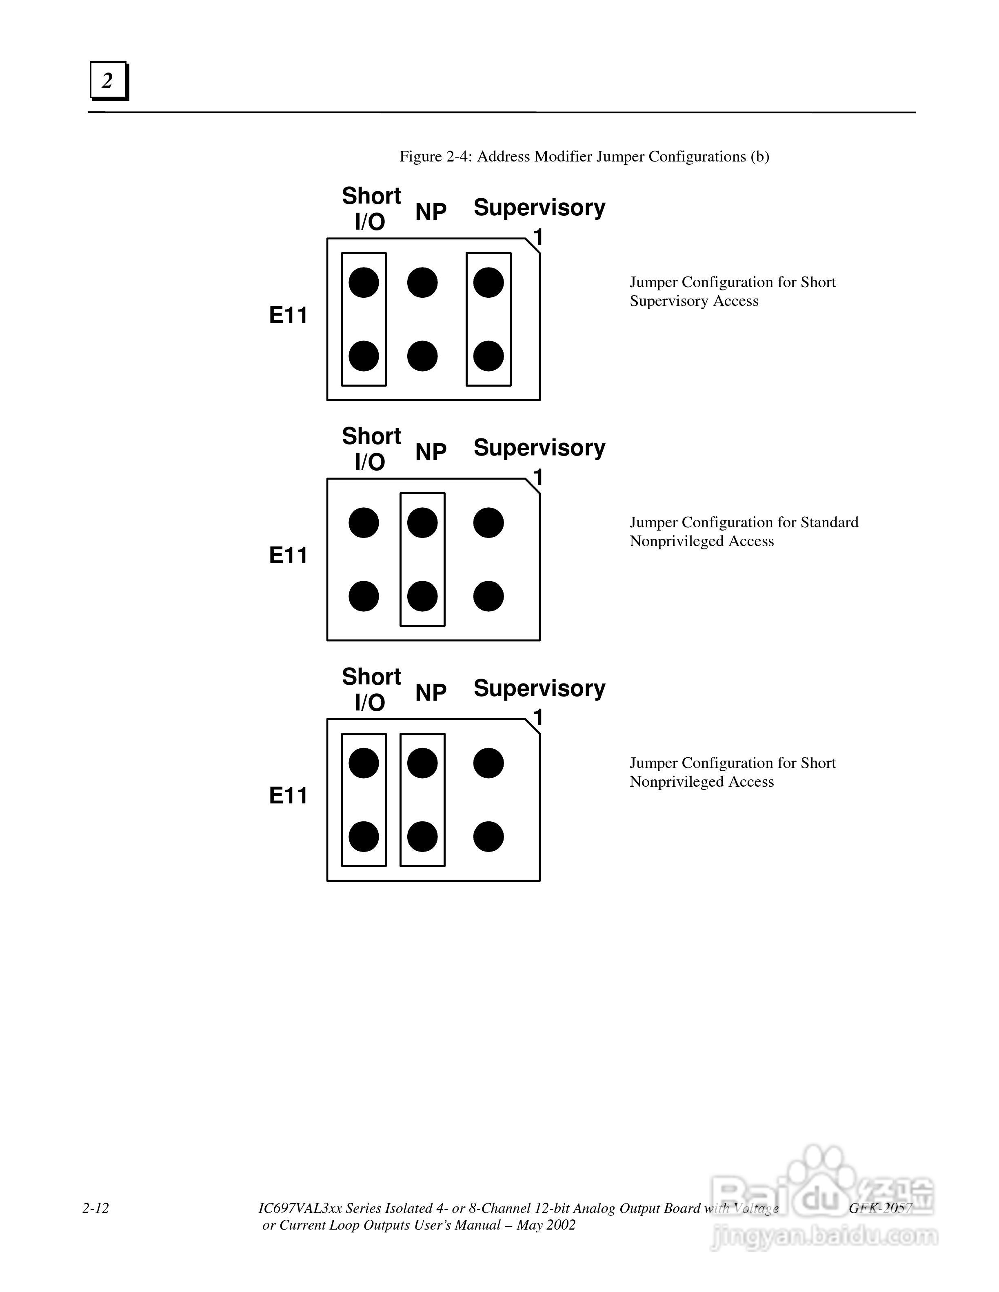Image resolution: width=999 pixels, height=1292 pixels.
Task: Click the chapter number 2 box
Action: (108, 80)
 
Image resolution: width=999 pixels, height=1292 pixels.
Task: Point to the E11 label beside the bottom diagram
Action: (288, 796)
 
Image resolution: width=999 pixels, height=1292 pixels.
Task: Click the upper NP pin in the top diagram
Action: (422, 283)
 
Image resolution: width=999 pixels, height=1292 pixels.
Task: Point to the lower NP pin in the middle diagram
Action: (422, 596)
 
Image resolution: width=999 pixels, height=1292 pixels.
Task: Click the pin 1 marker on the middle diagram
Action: (538, 478)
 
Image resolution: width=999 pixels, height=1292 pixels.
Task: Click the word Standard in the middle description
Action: (829, 523)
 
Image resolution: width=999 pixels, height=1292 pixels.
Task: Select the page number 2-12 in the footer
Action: (96, 1208)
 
